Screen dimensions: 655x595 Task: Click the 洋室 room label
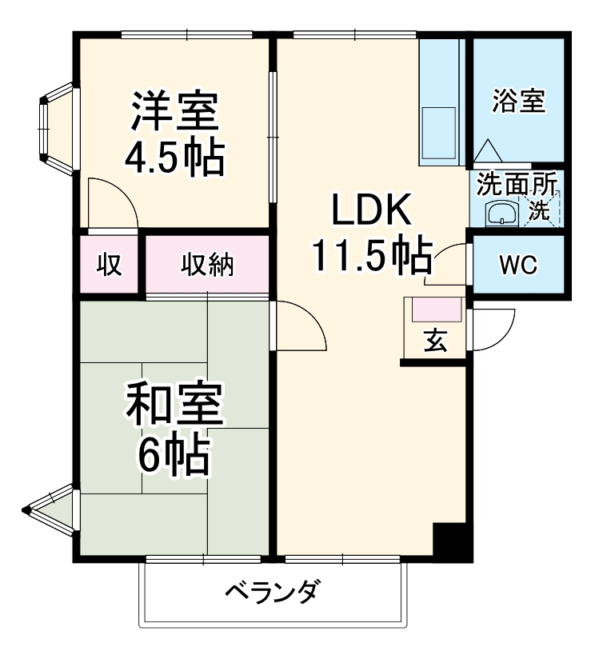174,113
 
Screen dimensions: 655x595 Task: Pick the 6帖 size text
174,456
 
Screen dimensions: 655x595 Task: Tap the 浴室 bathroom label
518,102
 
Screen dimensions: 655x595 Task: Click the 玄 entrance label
434,341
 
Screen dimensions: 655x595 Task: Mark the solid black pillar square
449,541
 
